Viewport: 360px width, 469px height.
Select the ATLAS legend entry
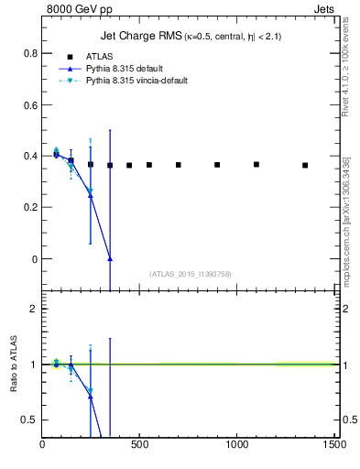pyautogui.click(x=102, y=57)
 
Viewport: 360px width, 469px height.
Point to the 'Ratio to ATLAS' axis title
pyautogui.click(x=16, y=365)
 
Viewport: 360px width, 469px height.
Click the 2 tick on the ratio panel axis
pyautogui.click(x=33, y=309)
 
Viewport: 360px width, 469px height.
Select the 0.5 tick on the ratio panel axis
pyautogui.click(x=28, y=420)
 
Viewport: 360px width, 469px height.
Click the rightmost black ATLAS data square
pyautogui.click(x=305, y=166)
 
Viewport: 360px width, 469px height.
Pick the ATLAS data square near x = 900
pyautogui.click(x=217, y=165)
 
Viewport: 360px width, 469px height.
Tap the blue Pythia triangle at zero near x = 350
pyautogui.click(x=110, y=259)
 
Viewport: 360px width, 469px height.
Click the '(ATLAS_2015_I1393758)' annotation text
pyautogui.click(x=188, y=273)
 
